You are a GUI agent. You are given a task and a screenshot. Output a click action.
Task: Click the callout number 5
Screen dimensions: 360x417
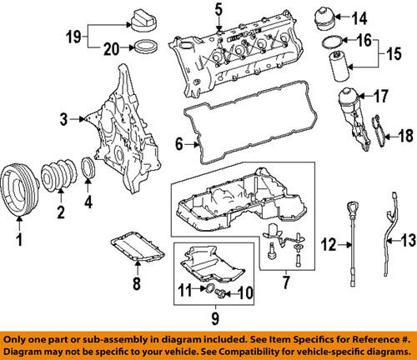pos(219,11)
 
